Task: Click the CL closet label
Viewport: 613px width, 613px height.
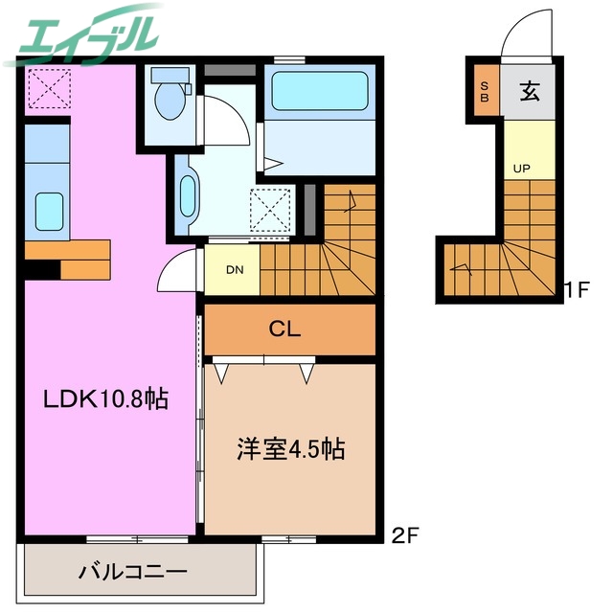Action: [x=284, y=330]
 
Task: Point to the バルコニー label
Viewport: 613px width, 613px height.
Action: [x=132, y=574]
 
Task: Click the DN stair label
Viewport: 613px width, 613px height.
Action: [x=233, y=269]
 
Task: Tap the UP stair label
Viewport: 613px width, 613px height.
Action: [x=521, y=170]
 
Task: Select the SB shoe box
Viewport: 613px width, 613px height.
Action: [x=485, y=93]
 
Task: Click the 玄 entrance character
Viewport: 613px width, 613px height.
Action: [x=529, y=92]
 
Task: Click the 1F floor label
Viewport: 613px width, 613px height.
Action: [x=575, y=288]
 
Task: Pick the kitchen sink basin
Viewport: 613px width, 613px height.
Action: [x=47, y=209]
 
